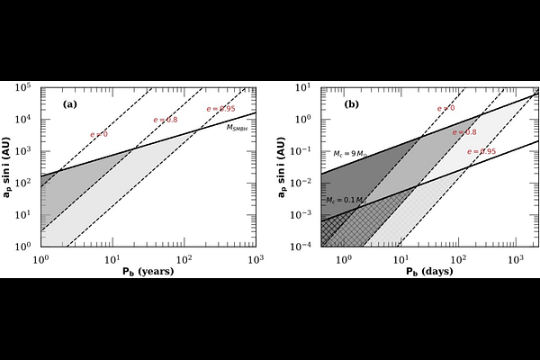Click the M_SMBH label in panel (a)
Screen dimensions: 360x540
point(238,129)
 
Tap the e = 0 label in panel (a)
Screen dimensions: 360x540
point(99,135)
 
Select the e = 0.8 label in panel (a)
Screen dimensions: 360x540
point(169,119)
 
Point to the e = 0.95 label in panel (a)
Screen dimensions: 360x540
point(220,109)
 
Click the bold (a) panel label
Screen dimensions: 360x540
point(69,104)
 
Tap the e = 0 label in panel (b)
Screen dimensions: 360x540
point(445,108)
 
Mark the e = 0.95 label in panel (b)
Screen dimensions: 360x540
point(481,151)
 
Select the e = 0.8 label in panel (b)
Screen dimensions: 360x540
point(464,132)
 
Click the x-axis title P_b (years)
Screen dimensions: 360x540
point(148,271)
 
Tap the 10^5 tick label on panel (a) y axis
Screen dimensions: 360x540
point(25,88)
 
